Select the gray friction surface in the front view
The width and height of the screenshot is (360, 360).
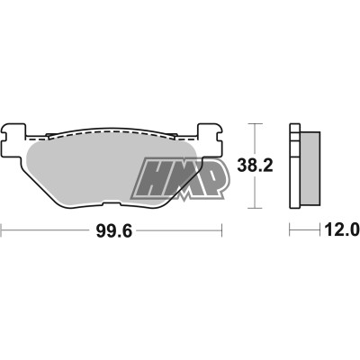click(x=90, y=166)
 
